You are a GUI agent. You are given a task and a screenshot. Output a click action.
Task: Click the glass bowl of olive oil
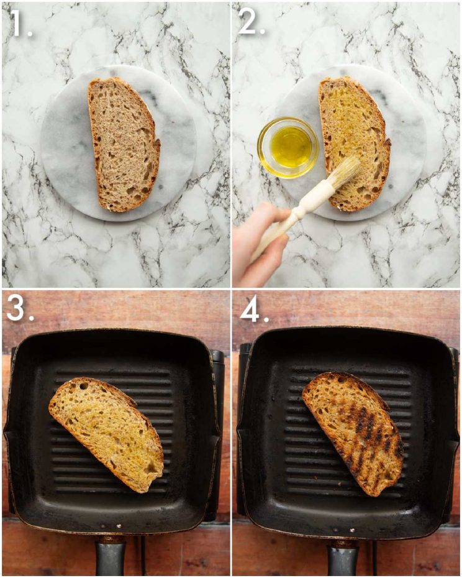click(x=288, y=148)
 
